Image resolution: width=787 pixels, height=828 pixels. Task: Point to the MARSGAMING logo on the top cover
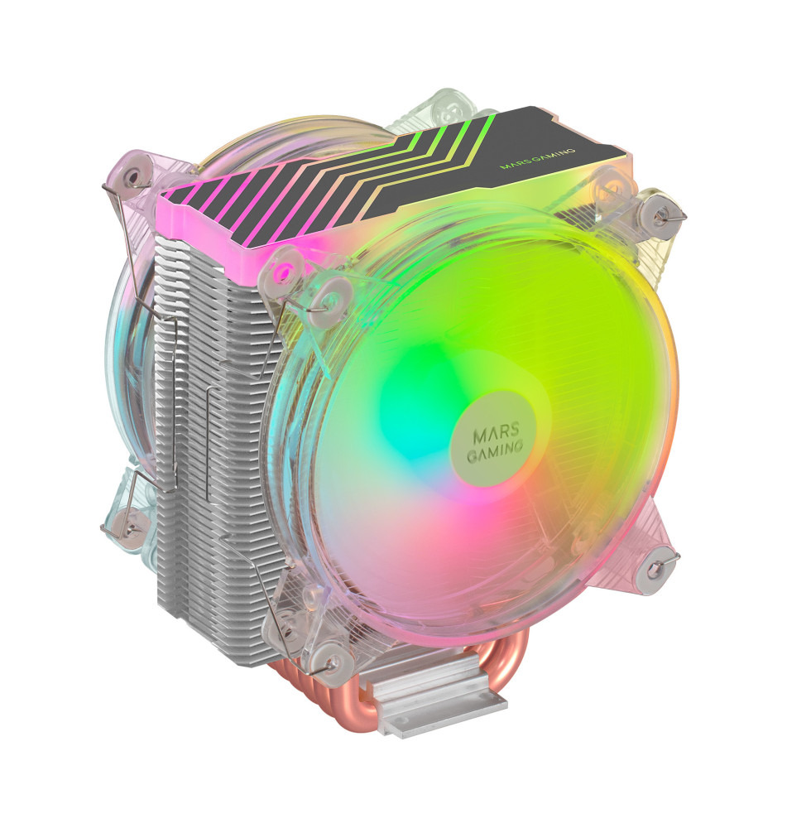537,158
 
